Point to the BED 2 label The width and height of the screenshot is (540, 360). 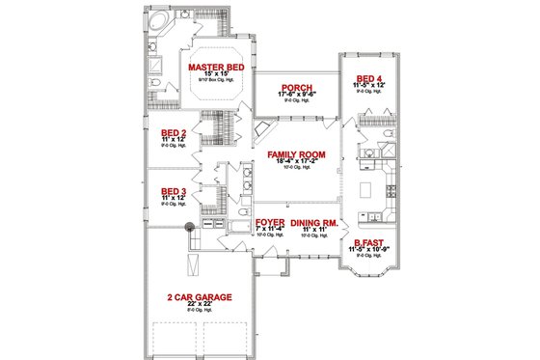click(174, 134)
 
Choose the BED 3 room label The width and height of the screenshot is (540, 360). click(174, 191)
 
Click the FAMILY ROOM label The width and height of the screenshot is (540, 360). click(288, 154)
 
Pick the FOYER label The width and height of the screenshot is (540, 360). click(270, 221)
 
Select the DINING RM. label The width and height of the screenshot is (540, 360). click(312, 221)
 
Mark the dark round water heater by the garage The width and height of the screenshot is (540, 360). click(190, 228)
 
